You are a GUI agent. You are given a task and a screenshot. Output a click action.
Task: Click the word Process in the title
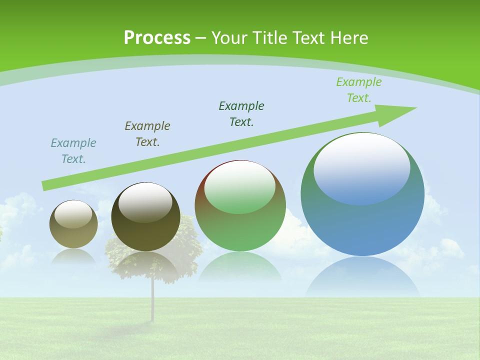[x=157, y=38]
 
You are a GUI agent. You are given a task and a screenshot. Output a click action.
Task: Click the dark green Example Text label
[x=241, y=114]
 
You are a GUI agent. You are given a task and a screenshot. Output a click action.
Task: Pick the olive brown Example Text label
[x=147, y=134]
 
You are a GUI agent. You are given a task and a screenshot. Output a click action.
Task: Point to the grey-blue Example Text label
[x=73, y=151]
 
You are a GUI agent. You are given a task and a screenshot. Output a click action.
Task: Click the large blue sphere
[x=362, y=225]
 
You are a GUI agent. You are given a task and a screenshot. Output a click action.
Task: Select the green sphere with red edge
[x=240, y=230]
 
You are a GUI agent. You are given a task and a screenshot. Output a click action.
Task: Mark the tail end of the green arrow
[x=46, y=185]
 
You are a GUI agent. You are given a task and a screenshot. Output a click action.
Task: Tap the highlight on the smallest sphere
[x=73, y=214]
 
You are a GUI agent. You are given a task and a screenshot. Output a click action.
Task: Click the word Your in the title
[x=231, y=38]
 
